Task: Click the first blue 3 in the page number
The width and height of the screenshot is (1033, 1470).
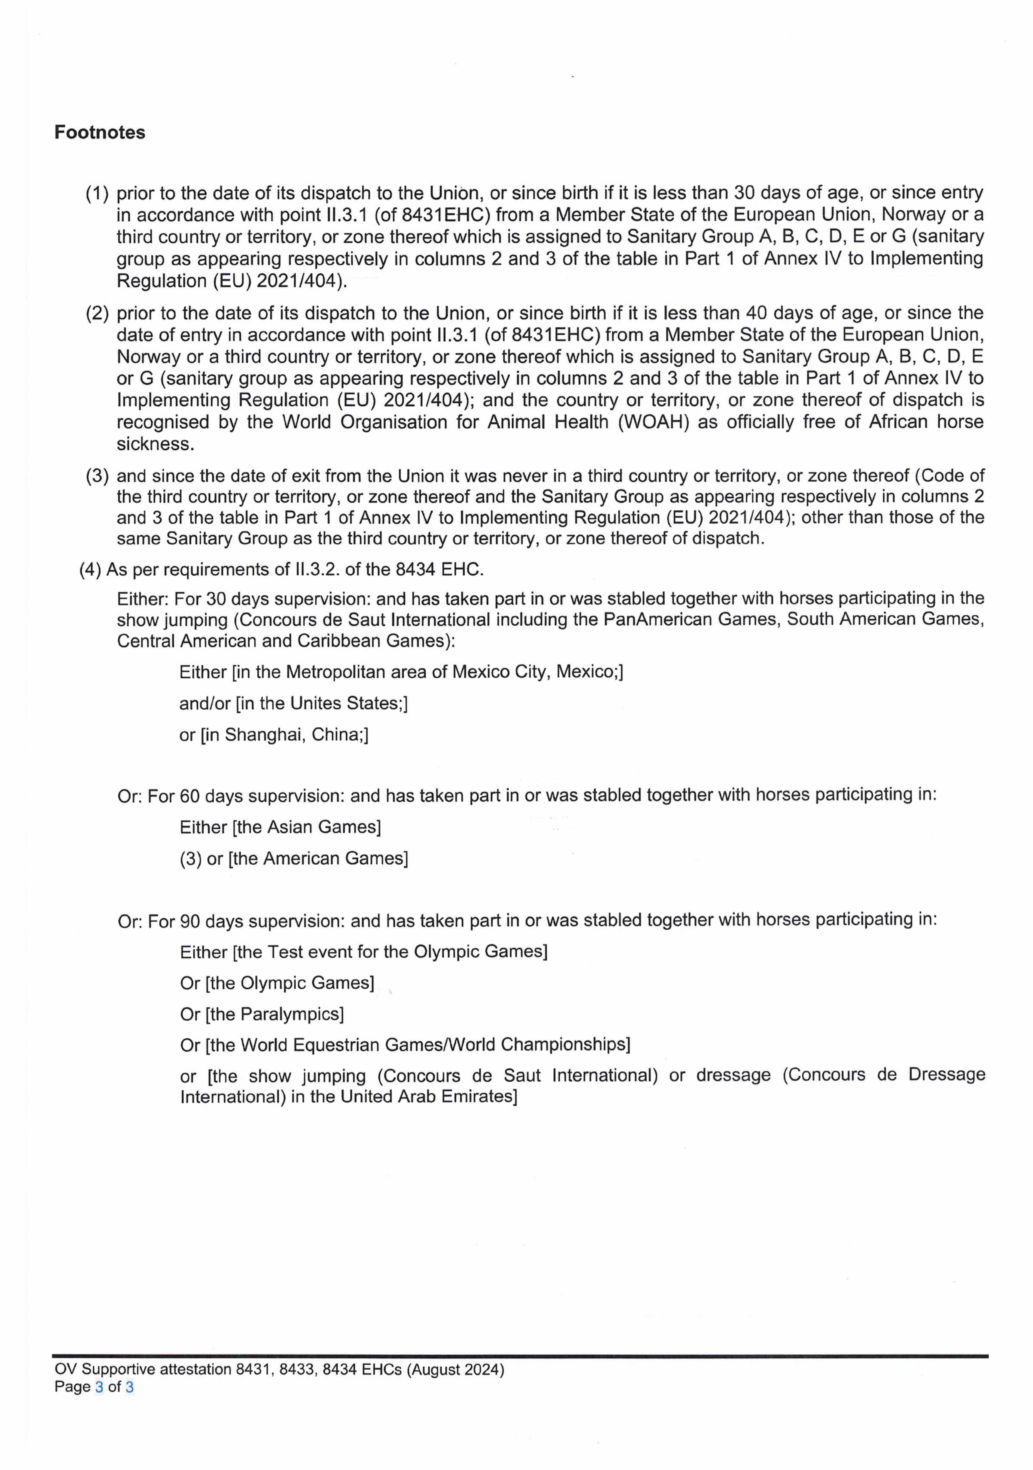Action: [x=98, y=1387]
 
